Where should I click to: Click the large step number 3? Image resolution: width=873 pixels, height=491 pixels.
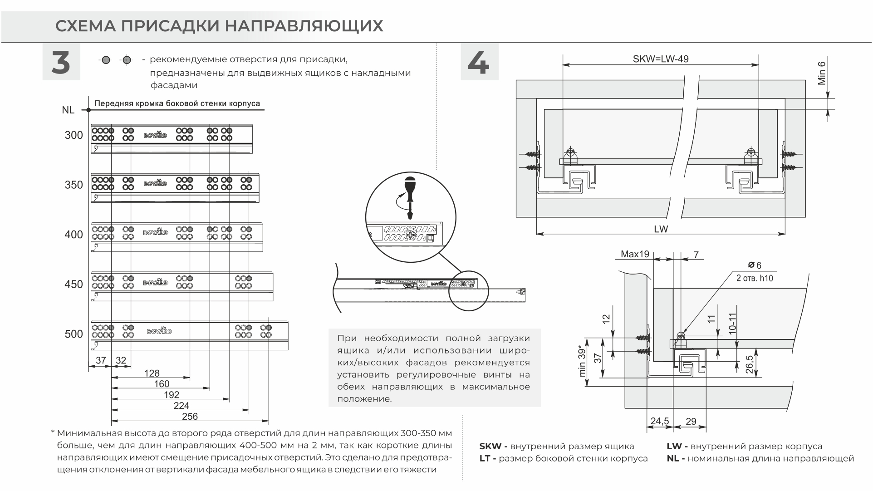pos(61,63)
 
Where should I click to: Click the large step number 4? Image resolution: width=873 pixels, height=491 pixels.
pos(479,63)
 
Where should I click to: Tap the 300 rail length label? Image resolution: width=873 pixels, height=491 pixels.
pos(74,135)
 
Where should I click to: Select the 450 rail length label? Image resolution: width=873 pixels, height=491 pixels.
pos(74,285)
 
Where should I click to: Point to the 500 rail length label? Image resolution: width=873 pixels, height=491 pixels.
pos(74,334)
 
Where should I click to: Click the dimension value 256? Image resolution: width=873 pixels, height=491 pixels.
pos(190,417)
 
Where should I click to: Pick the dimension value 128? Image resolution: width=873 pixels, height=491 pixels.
pos(152,373)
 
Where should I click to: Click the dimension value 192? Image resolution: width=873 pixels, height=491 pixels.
pos(172,395)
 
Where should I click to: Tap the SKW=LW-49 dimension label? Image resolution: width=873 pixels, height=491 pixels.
pos(660,59)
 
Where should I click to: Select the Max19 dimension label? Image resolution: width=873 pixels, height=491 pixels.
pos(635,255)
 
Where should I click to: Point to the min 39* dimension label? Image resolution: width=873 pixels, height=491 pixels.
pos(583,361)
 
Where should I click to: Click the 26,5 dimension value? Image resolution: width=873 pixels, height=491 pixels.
pos(749,364)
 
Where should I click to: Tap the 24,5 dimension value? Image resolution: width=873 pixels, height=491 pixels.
pos(659,421)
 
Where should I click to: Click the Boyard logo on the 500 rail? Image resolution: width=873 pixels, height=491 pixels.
pos(159,331)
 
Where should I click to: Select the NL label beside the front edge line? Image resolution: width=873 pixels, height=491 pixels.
pos(68,110)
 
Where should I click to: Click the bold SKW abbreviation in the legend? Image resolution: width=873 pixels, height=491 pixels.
pos(490,447)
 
